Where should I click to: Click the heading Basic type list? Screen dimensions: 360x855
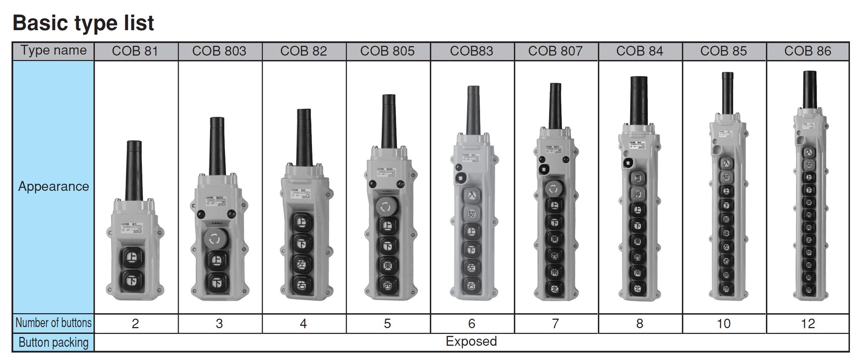point(83,23)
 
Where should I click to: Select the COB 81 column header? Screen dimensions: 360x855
point(135,51)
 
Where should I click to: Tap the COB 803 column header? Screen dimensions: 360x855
point(219,51)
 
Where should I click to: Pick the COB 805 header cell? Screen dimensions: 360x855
point(387,51)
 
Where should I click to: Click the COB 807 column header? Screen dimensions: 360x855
point(555,51)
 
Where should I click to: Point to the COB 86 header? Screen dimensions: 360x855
point(807,51)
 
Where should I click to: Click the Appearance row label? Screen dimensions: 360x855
point(53,186)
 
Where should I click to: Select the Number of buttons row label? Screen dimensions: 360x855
point(53,323)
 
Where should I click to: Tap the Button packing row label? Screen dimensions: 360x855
point(53,342)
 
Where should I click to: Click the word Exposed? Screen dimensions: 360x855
point(471,341)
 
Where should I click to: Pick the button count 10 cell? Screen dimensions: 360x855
point(723,324)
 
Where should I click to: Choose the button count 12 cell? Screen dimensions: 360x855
point(807,324)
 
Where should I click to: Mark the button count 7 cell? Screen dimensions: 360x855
point(555,324)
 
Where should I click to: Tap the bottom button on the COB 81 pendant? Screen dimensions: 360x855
point(132,279)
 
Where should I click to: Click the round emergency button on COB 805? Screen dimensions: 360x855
point(386,206)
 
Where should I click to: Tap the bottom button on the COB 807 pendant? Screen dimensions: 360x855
point(555,289)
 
